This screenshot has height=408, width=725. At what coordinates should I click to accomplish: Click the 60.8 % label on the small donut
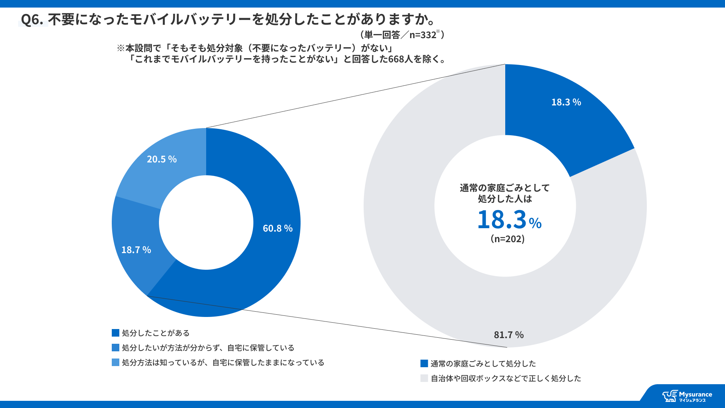tap(278, 228)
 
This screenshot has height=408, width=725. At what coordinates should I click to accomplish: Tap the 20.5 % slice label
tap(162, 159)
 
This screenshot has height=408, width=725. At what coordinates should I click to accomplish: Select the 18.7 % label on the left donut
tap(136, 250)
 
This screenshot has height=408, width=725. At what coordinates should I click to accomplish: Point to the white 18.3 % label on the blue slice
tap(566, 102)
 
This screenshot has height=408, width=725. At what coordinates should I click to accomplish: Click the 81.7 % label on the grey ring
tap(509, 335)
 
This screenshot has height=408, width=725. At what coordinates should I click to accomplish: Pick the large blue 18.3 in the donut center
tap(502, 219)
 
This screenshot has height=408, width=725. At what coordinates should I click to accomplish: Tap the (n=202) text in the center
tap(507, 239)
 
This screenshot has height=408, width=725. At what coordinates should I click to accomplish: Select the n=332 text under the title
tap(423, 35)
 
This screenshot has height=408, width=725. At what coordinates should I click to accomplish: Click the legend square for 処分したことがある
tap(116, 333)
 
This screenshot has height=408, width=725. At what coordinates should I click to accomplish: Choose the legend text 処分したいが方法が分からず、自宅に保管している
tap(208, 348)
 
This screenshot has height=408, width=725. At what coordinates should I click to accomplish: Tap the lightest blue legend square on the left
tap(116, 362)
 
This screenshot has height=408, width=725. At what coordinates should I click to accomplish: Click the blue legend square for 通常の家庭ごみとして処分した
tap(424, 363)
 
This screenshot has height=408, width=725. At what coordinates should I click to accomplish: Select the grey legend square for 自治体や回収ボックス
tap(424, 378)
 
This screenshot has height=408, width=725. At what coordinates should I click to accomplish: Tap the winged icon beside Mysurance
tap(670, 396)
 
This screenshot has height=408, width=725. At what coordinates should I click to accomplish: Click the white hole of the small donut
tap(206, 223)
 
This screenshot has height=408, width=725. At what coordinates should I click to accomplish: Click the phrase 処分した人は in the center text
tap(505, 199)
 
